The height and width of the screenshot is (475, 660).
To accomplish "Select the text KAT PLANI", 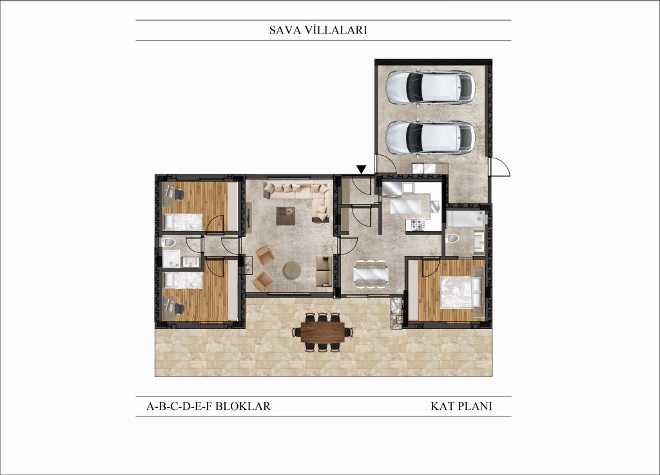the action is (x=461, y=407).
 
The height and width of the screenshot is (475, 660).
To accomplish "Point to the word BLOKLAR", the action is (x=243, y=407).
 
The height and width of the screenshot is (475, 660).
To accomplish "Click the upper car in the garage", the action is (x=430, y=88).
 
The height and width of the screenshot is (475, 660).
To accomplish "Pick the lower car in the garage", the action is (x=430, y=138).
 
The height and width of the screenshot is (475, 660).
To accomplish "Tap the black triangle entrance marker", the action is (x=361, y=169).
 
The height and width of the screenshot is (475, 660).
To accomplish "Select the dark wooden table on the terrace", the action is (x=322, y=333).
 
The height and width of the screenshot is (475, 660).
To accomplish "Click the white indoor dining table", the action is (x=371, y=274).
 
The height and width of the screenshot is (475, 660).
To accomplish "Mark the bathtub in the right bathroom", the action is (x=465, y=219).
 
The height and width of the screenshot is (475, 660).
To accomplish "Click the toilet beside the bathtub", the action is (x=452, y=238).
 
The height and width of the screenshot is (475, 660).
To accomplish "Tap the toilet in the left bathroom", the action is (x=169, y=242).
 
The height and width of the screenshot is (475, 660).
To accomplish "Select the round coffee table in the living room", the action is (x=292, y=270).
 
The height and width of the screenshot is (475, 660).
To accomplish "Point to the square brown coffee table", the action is (x=286, y=216).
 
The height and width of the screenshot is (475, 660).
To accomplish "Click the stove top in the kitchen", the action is (x=418, y=225).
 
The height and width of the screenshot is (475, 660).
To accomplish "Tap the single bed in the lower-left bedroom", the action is (x=182, y=280).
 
